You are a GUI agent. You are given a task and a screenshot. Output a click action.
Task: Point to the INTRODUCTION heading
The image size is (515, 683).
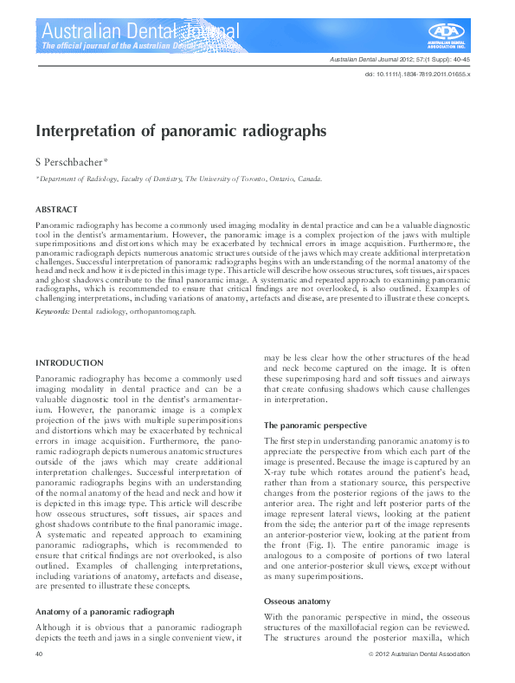69,362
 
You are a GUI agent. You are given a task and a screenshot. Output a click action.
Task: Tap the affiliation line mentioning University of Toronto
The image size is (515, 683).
179,179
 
